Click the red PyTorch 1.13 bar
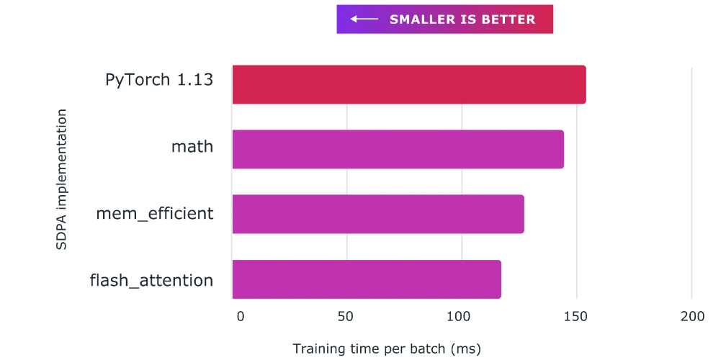click(x=409, y=84)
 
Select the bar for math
click(x=398, y=149)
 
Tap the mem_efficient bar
click(x=378, y=214)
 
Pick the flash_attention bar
click(x=367, y=279)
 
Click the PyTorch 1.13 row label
click(x=159, y=79)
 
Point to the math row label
click(x=192, y=147)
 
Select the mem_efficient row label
click(x=155, y=214)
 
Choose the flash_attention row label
click(x=151, y=279)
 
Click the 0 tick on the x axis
click(x=241, y=316)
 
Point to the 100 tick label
click(x=458, y=316)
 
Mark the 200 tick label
click(x=691, y=316)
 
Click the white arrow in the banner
click(x=364, y=19)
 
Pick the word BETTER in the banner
click(x=509, y=19)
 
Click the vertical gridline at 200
click(x=691, y=180)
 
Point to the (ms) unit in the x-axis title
click(x=465, y=349)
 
